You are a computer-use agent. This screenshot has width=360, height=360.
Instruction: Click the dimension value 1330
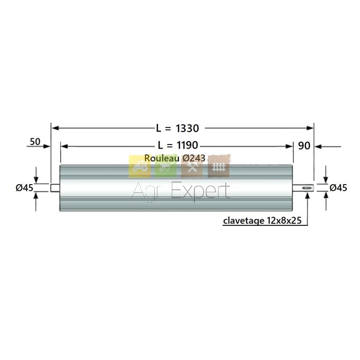point(187,128)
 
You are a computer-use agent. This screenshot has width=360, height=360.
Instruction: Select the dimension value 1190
point(187,145)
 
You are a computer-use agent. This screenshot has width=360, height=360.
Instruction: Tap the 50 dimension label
point(35,141)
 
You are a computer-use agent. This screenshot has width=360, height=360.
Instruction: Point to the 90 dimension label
point(304,146)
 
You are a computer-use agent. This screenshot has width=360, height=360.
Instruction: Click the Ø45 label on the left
point(25,188)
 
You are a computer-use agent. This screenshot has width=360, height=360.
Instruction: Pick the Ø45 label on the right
point(338,188)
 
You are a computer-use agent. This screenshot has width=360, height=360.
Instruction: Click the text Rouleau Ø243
point(175,158)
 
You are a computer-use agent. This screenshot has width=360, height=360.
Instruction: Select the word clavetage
point(244,221)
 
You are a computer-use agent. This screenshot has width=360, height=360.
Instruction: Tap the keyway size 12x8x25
point(284,221)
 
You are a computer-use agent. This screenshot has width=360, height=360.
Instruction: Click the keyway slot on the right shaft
point(307,188)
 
